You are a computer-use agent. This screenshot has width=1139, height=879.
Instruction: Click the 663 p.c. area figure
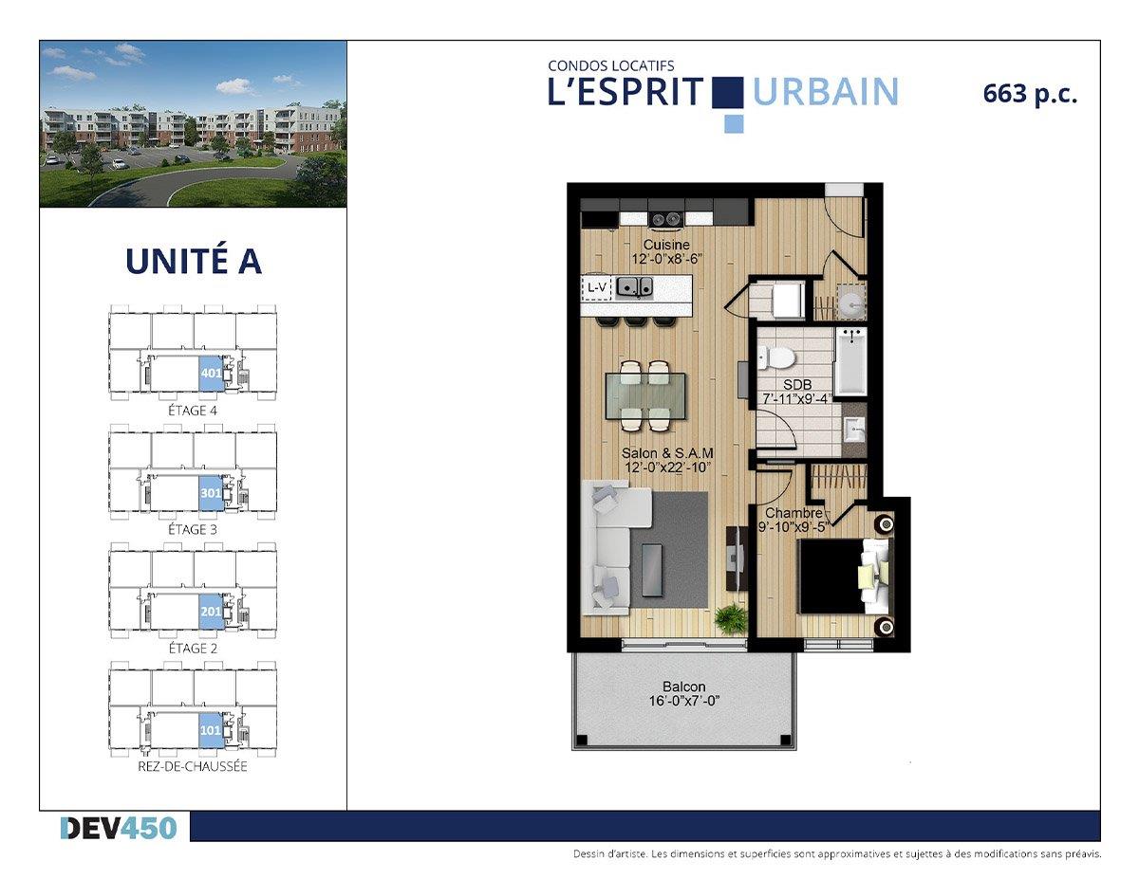1030,94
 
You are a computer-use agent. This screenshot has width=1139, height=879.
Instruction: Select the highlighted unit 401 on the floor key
212,373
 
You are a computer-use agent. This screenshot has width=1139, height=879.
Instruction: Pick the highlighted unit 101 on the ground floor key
212,730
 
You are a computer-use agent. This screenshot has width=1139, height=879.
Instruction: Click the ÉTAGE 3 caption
193,529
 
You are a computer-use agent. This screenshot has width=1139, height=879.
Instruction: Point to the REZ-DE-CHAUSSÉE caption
193,766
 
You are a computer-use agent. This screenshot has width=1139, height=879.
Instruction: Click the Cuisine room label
666,245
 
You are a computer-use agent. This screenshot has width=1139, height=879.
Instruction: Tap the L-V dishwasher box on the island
596,287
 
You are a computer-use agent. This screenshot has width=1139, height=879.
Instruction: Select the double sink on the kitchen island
634,287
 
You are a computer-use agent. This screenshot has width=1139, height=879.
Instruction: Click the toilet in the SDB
777,358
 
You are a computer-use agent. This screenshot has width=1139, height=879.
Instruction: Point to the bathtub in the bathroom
851,361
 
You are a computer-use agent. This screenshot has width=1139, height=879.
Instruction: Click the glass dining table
645,395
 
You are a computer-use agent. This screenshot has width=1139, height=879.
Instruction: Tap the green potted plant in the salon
731,619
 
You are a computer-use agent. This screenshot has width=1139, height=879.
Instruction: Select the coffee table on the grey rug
651,570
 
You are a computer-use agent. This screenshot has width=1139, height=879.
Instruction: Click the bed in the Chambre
843,576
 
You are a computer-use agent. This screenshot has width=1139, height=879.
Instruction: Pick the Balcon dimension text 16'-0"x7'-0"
684,701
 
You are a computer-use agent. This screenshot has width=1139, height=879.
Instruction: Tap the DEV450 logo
119,828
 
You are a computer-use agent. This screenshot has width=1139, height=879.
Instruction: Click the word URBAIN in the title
826,92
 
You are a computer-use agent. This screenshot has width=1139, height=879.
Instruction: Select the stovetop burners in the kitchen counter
666,219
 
